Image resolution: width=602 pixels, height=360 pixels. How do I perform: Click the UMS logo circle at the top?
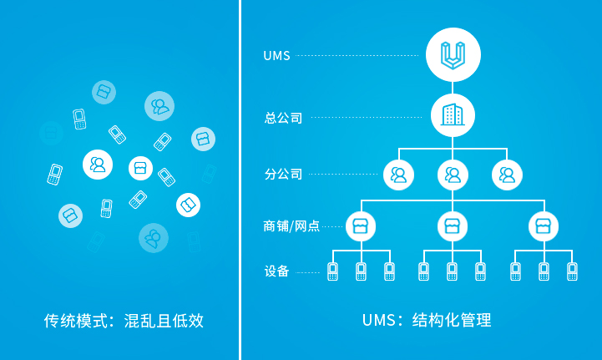click(x=453, y=56)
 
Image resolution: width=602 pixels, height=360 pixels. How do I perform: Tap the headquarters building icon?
click(x=453, y=115)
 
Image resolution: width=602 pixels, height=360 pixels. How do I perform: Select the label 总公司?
click(x=283, y=118)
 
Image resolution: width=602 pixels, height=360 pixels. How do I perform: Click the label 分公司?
click(x=283, y=175)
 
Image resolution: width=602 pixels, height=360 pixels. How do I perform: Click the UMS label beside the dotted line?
click(x=276, y=56)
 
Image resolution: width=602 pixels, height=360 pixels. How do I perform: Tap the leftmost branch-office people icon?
click(x=398, y=175)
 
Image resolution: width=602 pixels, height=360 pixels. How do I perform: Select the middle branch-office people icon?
click(x=453, y=175)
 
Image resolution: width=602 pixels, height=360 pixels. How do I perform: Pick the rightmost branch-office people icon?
click(x=507, y=175)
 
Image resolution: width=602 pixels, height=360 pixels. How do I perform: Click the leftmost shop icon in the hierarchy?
click(x=361, y=226)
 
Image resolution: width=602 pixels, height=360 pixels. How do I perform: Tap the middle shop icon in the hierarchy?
click(x=453, y=226)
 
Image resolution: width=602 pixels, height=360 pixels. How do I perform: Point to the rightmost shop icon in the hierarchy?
click(x=544, y=226)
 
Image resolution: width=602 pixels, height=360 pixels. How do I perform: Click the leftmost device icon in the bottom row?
click(x=332, y=271)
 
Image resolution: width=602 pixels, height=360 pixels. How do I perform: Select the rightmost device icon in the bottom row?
click(x=572, y=271)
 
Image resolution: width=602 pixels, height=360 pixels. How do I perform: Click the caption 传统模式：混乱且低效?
click(x=124, y=321)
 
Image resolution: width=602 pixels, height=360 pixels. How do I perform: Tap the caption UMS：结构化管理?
click(x=427, y=321)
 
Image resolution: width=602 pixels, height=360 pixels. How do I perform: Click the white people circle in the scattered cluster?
click(x=98, y=165)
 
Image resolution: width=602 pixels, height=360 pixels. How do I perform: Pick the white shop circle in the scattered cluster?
click(x=141, y=168)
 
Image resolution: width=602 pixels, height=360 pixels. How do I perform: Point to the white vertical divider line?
click(x=240, y=180)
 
